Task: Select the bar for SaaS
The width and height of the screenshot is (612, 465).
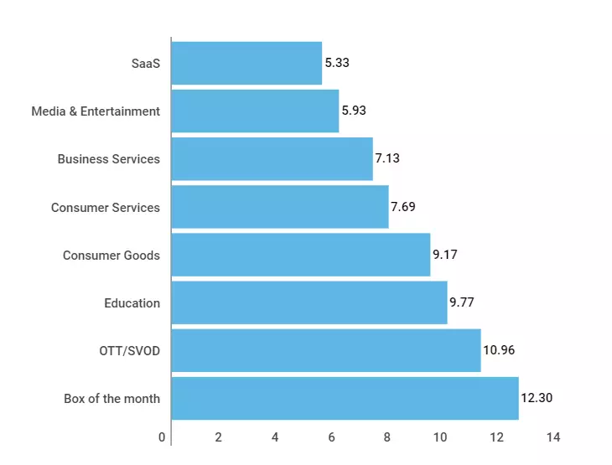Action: [x=246, y=63]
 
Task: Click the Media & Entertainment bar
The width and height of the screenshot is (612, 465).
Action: [x=255, y=111]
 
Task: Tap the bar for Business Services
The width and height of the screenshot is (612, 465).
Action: [x=272, y=158]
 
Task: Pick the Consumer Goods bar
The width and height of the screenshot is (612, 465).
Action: [x=300, y=255]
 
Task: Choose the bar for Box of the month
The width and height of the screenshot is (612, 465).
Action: [x=345, y=398]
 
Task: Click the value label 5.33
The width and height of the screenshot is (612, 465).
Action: [x=337, y=63]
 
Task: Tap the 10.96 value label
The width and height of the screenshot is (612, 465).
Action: [x=499, y=350]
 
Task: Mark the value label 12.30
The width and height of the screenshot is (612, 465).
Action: [x=537, y=398]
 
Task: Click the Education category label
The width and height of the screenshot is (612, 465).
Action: [x=132, y=302]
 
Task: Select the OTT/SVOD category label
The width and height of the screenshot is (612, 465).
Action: [x=129, y=350]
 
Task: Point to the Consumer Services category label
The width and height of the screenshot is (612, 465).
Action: [x=105, y=207]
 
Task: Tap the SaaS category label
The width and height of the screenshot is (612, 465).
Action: [x=145, y=63]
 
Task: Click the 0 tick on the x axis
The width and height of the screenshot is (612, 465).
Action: [x=162, y=437]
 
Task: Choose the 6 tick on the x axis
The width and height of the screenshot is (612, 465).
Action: [x=330, y=437]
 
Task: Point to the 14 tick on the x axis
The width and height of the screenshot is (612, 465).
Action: [x=553, y=437]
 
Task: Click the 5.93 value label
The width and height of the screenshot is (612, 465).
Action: [x=354, y=111]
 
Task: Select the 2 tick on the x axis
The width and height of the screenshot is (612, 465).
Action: [x=218, y=437]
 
